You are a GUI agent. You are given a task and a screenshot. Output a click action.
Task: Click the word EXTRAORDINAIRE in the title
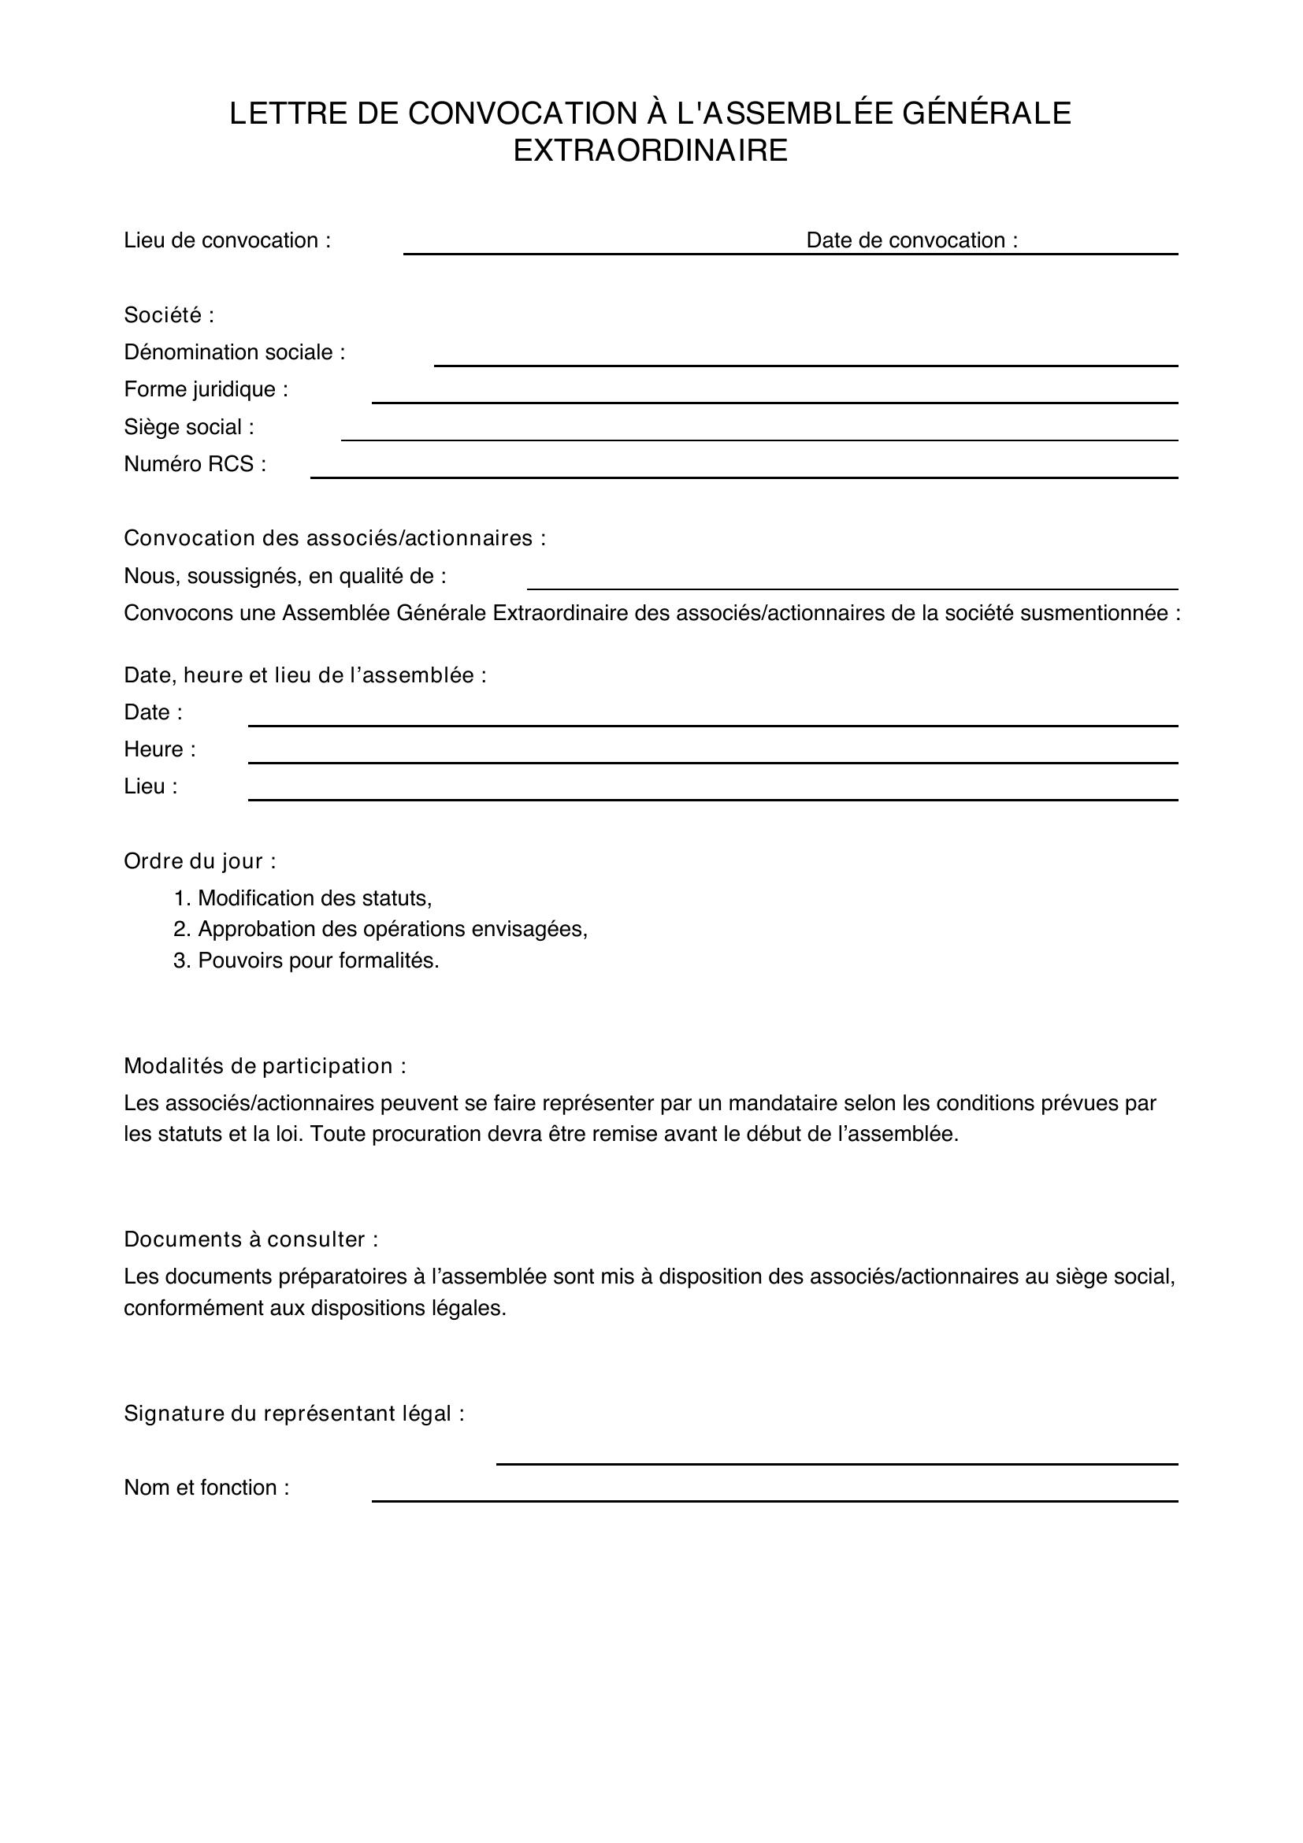[x=650, y=151]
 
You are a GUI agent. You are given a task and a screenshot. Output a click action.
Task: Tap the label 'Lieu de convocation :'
[x=227, y=241]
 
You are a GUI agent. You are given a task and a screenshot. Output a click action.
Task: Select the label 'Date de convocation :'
[x=911, y=241]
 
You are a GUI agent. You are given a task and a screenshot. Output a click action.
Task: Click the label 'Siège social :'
[x=188, y=427]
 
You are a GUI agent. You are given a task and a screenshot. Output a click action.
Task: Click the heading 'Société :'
[x=169, y=315]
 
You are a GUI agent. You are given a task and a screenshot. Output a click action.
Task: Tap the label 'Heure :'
[x=160, y=749]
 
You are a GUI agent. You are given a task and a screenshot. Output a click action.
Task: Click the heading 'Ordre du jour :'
[x=200, y=861]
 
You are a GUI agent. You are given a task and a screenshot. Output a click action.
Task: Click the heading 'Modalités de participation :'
[x=265, y=1066]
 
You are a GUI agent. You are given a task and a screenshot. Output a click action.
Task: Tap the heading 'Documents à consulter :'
[x=251, y=1239]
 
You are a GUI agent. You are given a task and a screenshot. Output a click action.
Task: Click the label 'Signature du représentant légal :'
[x=294, y=1414]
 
